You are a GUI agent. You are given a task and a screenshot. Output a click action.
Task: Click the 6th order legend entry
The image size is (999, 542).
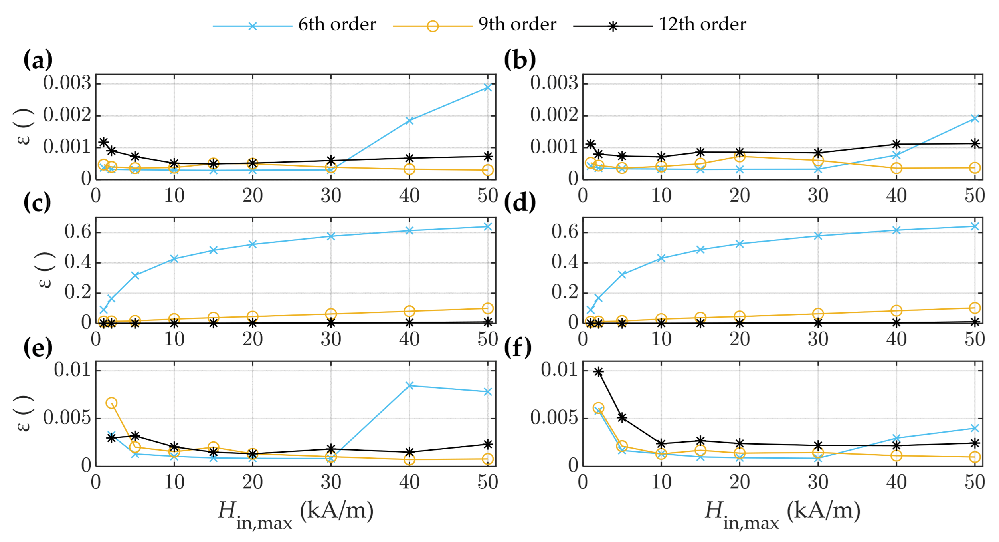336,25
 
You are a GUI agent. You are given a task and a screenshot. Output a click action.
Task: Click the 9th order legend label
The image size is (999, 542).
517,25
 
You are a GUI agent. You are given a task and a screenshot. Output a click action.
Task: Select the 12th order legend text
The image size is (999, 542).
702,25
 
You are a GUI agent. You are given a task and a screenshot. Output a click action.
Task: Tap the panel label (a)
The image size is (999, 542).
38,60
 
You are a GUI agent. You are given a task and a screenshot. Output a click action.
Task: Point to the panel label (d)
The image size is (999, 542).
519,203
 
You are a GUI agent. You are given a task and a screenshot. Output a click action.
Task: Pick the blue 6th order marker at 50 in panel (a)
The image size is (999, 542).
487,87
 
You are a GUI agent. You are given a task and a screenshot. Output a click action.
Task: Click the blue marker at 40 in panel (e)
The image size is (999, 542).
409,385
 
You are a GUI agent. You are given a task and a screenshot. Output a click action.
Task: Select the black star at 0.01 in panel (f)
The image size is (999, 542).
598,372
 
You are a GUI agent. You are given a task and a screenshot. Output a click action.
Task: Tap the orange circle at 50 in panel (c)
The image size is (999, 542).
487,308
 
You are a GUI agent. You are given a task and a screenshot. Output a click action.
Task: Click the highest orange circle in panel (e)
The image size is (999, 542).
111,403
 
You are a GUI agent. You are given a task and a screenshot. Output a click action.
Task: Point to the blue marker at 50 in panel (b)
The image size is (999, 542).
975,119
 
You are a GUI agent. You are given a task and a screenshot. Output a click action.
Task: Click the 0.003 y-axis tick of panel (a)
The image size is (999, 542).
67,83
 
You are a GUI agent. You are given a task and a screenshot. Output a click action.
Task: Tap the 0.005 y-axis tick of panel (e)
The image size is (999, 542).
67,418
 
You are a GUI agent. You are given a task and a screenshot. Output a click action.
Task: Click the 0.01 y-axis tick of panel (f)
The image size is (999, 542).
559,370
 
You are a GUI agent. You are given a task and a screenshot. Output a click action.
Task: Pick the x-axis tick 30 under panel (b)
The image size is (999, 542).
818,196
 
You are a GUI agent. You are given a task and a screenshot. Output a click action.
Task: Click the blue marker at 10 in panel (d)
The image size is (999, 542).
661,258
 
